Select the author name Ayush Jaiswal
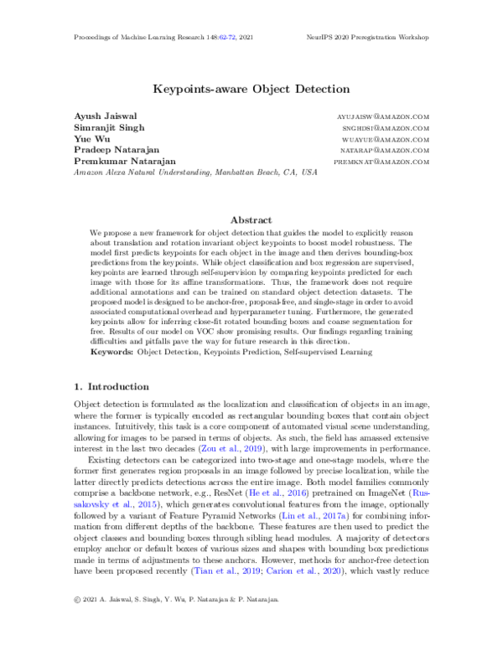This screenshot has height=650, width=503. pyautogui.click(x=103, y=116)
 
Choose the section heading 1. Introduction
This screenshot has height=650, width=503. pyautogui.click(x=111, y=387)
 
